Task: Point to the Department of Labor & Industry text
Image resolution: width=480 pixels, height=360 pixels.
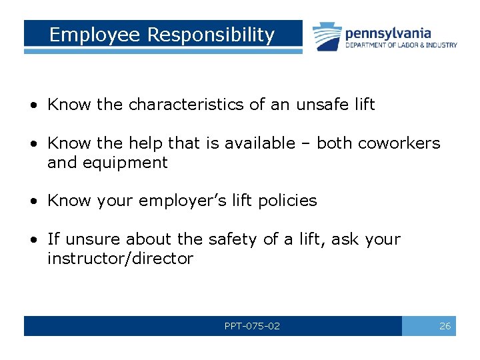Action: click(401, 45)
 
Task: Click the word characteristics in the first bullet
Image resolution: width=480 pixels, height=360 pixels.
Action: click(183, 105)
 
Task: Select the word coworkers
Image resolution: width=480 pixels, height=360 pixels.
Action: click(399, 143)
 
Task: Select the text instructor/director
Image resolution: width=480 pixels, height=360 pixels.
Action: click(120, 259)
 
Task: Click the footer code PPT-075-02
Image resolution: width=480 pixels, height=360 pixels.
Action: click(252, 326)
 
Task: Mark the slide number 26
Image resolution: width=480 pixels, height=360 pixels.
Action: click(445, 326)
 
